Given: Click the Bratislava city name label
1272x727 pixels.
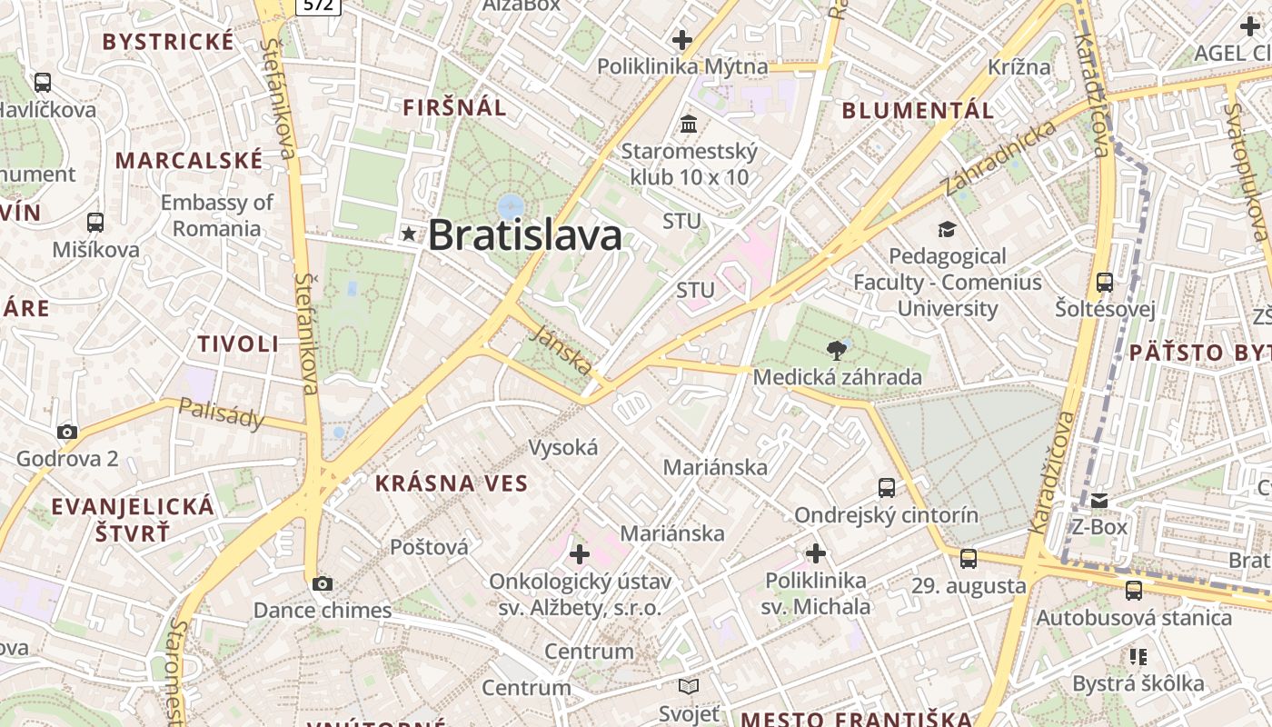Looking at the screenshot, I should (524, 235).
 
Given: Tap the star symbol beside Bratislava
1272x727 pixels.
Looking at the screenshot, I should (409, 234).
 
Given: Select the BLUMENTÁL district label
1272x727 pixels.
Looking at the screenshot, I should (918, 111).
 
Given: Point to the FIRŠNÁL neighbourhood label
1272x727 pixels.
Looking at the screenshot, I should (454, 107).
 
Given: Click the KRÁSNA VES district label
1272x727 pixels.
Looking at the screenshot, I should (452, 483).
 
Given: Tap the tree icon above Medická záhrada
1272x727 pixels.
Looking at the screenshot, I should (836, 350).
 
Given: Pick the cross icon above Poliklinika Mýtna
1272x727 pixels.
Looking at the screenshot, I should (681, 40).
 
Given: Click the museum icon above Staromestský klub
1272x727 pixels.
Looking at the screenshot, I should (689, 124).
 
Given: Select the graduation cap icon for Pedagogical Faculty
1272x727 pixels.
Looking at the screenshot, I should (947, 229).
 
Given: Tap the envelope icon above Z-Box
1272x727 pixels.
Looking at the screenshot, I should (1099, 501).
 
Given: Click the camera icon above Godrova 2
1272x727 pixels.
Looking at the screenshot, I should (66, 432).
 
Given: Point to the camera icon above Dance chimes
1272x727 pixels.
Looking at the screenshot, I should (322, 583).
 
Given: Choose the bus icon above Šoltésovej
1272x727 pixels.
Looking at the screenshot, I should (1104, 282).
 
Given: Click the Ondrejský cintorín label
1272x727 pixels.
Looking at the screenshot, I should (886, 515).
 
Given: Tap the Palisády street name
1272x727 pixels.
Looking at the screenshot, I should (222, 413).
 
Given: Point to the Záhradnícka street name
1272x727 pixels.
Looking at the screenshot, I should (1000, 156).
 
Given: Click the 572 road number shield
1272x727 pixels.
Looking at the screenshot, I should (318, 5).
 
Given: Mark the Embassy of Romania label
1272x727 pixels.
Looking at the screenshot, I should (216, 214).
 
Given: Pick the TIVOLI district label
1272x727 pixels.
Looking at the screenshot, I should (238, 344).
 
